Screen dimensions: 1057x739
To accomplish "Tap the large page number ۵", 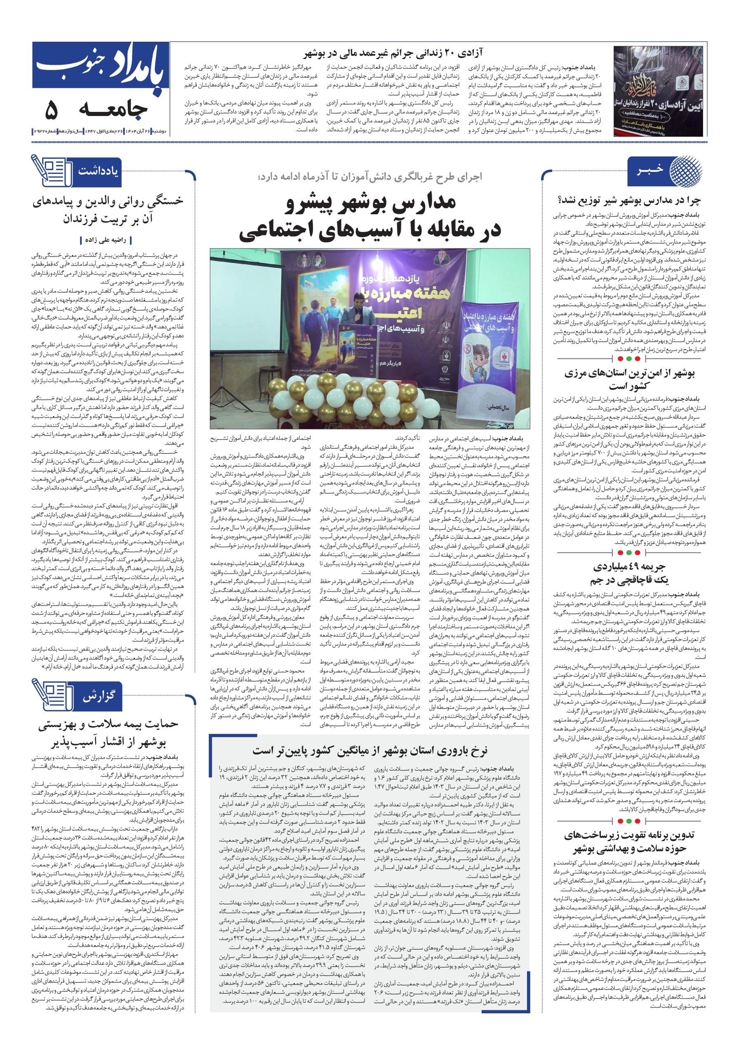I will pyautogui.click(x=52, y=110).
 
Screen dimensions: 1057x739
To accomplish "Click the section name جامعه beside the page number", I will pyautogui.click(x=113, y=110).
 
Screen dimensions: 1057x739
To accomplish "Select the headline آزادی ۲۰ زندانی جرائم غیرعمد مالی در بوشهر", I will pyautogui.click(x=393, y=53).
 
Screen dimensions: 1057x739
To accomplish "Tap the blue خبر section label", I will pyautogui.click(x=650, y=171).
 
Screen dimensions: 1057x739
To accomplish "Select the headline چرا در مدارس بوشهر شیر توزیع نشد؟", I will pyautogui.click(x=629, y=200).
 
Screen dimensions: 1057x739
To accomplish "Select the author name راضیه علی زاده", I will pyautogui.click(x=105, y=240).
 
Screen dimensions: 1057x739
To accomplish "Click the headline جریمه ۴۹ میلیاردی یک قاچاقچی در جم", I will pyautogui.click(x=628, y=573).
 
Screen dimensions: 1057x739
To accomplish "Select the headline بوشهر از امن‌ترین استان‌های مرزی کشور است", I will pyautogui.click(x=628, y=379).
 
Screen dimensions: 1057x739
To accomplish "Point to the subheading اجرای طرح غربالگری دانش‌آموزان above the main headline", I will pyautogui.click(x=370, y=177).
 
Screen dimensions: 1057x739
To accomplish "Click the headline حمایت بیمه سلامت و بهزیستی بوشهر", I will pyautogui.click(x=108, y=732).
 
